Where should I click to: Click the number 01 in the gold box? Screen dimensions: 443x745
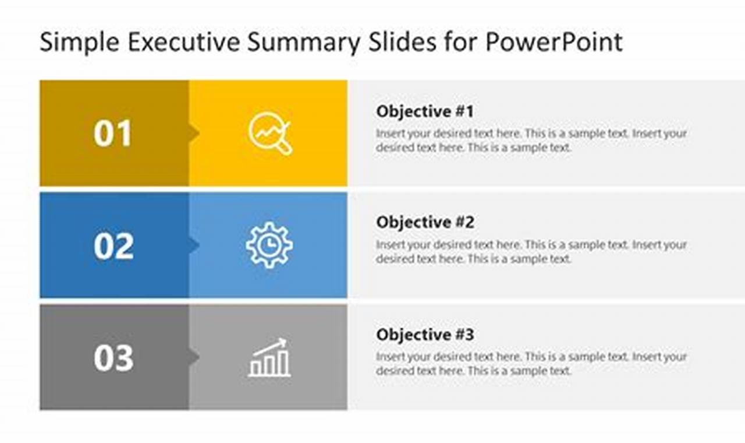click(x=113, y=134)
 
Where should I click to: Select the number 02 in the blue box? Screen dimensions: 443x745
click(x=113, y=246)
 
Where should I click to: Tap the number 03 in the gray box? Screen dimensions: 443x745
click(x=113, y=358)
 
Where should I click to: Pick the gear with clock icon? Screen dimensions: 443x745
click(x=269, y=245)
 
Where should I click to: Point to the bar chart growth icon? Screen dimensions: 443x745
click(x=269, y=358)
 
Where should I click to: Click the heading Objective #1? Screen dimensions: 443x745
click(x=425, y=111)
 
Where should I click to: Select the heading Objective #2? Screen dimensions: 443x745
click(x=425, y=222)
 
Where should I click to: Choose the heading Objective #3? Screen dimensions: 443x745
click(x=425, y=335)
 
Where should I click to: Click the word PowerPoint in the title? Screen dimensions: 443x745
click(x=554, y=43)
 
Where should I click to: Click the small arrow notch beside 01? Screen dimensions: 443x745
click(x=194, y=134)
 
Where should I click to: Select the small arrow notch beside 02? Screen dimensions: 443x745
click(x=194, y=245)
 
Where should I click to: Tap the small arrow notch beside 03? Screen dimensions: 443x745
click(x=194, y=357)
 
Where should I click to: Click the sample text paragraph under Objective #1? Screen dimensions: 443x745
click(x=531, y=140)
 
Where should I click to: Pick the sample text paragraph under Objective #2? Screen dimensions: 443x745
click(x=531, y=252)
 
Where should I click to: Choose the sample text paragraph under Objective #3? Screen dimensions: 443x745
click(x=531, y=364)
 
